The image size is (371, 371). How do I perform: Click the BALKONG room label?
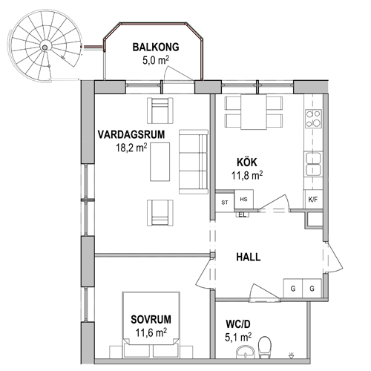(x=156, y=47)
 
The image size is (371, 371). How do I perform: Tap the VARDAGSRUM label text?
(x=131, y=135)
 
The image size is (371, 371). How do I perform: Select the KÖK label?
(x=247, y=162)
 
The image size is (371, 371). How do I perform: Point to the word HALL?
(x=249, y=257)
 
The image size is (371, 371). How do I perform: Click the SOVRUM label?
(x=151, y=319)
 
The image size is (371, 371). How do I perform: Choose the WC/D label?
(x=238, y=324)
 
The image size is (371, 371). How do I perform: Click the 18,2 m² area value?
(x=131, y=148)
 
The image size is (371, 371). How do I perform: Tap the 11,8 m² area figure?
(x=247, y=175)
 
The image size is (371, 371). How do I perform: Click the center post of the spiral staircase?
(x=45, y=47)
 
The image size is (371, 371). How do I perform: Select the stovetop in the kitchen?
(x=313, y=119)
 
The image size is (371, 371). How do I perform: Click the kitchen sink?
(x=313, y=164)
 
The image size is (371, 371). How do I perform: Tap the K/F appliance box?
(x=313, y=200)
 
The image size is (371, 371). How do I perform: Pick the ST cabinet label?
(x=225, y=203)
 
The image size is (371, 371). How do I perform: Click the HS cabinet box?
(x=243, y=199)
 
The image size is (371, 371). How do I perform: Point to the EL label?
(x=243, y=215)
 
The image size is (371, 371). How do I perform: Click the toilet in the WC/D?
(x=265, y=347)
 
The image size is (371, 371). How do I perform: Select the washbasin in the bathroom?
(x=245, y=352)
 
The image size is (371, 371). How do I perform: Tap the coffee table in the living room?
(x=160, y=162)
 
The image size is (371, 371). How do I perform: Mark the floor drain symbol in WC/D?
(x=292, y=355)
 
